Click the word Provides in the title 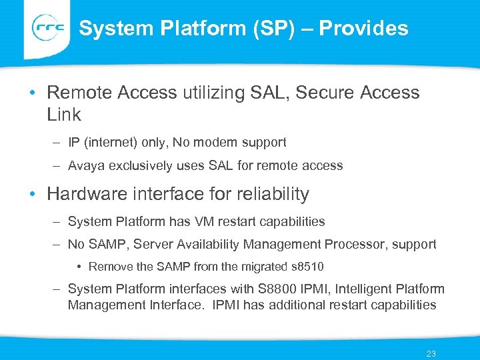pyautogui.click(x=364, y=28)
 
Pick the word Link pyautogui.click(x=64, y=115)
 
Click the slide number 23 pyautogui.click(x=431, y=353)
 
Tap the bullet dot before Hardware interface pyautogui.click(x=33, y=195)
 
